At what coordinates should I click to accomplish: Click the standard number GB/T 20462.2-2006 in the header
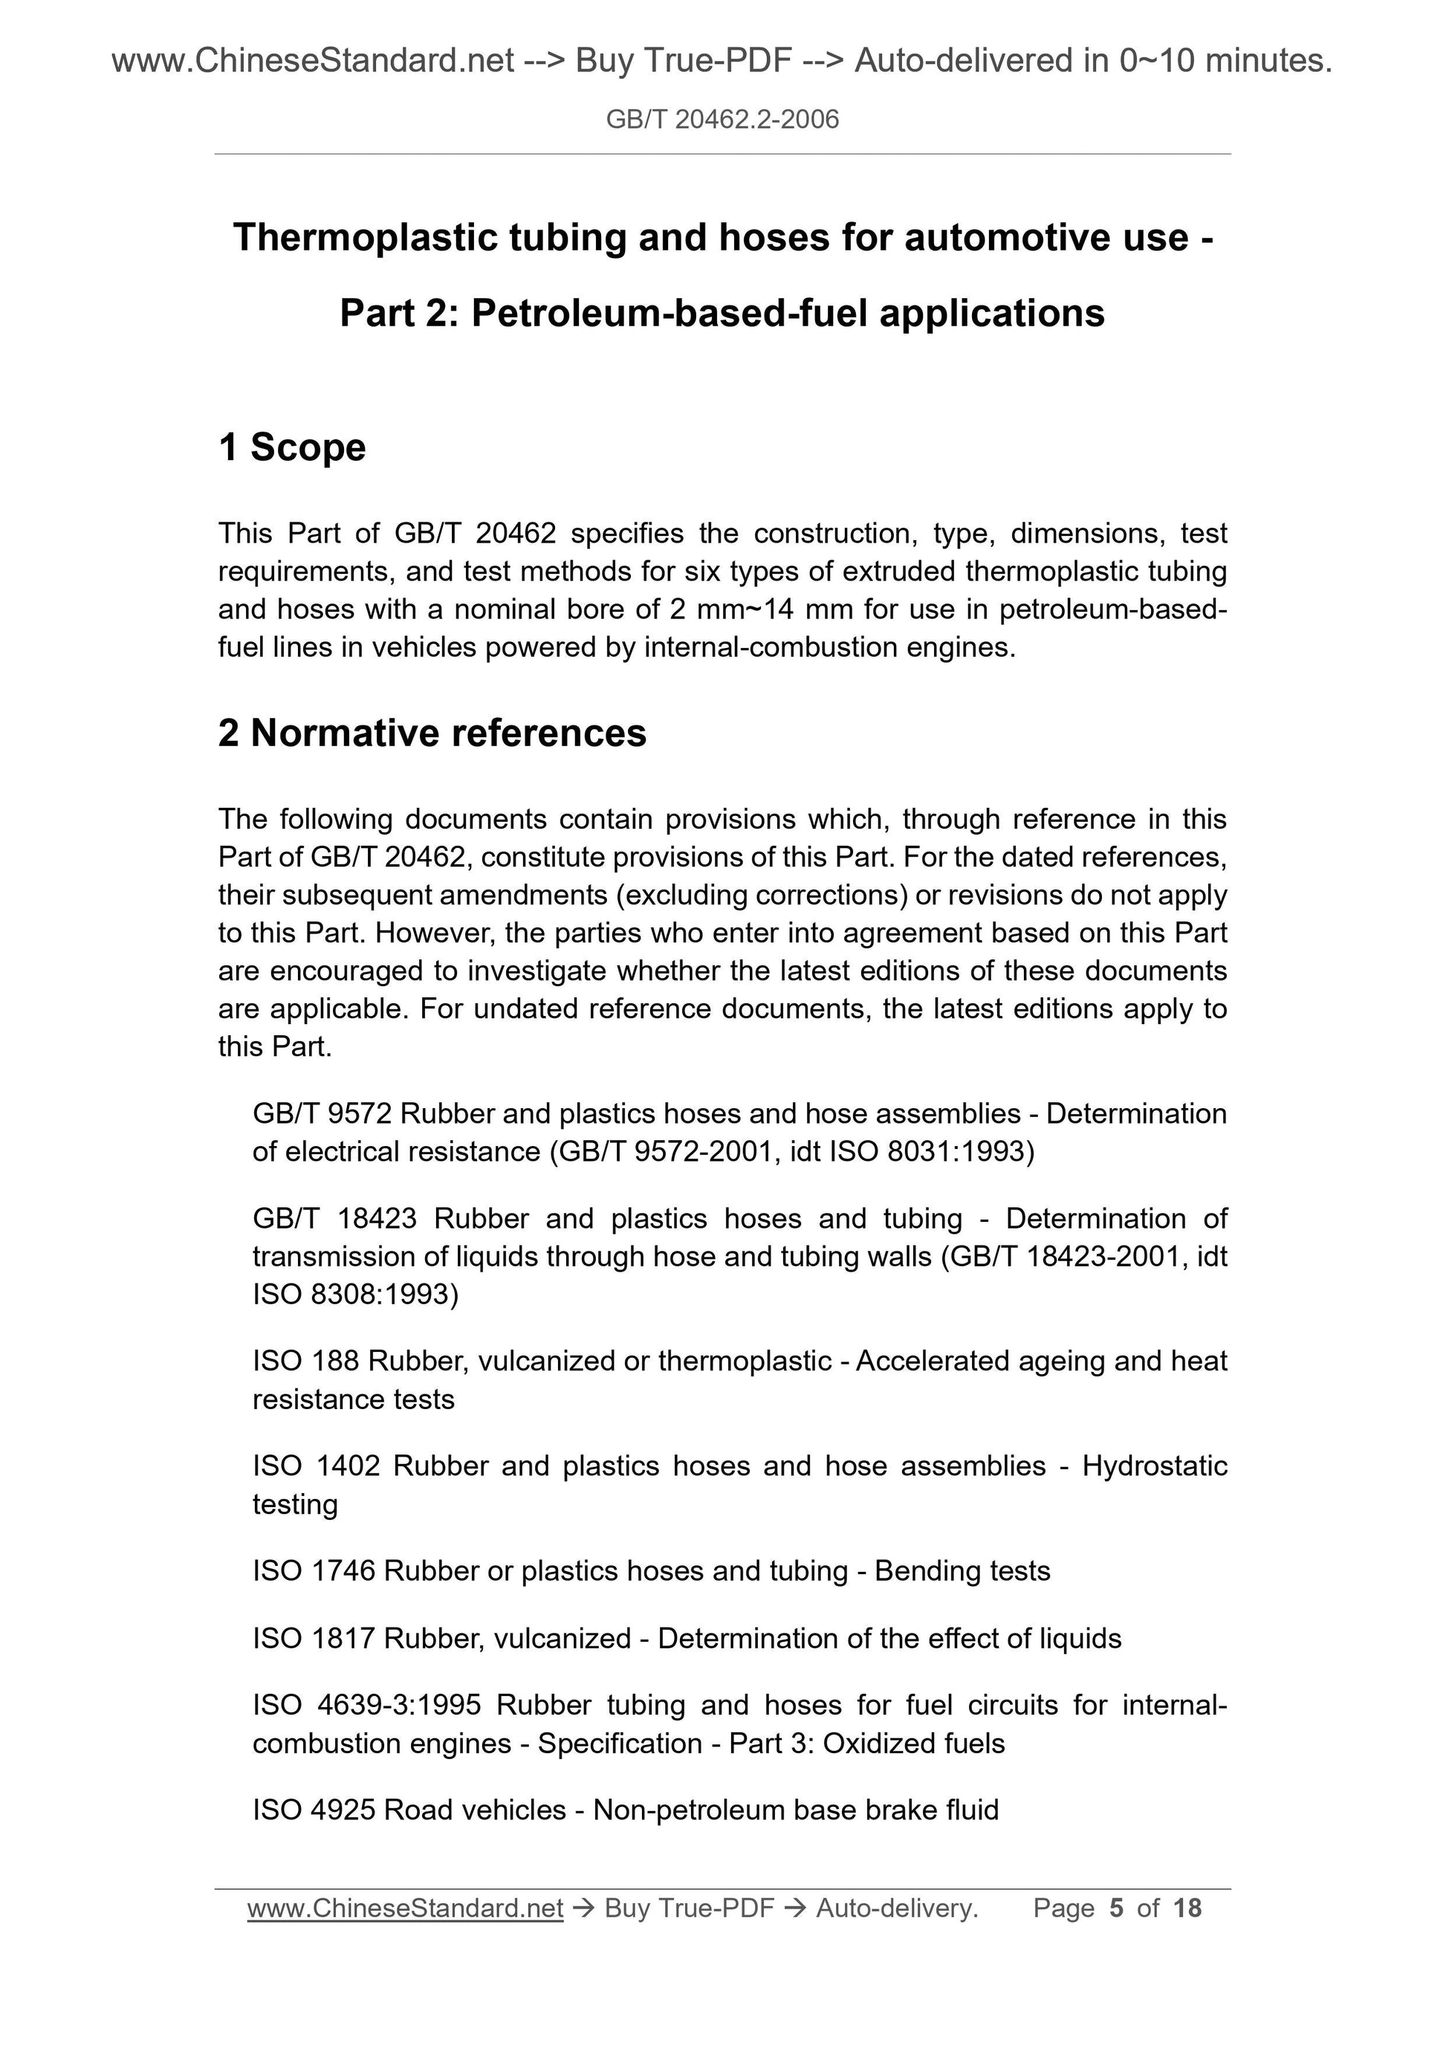coord(722,120)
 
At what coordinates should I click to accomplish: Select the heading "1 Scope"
coord(292,447)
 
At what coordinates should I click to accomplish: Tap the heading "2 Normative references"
coord(432,734)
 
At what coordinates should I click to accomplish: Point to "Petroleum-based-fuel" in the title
coord(668,314)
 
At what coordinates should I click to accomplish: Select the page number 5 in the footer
coord(1116,1908)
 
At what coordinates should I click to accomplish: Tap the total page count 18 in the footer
coord(1187,1908)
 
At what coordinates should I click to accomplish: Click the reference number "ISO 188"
coord(305,1361)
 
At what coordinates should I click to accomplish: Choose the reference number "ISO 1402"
coord(317,1466)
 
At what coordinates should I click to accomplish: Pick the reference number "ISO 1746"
coord(314,1570)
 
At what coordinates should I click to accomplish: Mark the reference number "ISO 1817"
coord(314,1638)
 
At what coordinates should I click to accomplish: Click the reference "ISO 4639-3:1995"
coord(367,1705)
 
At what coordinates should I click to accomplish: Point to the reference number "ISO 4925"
coord(314,1810)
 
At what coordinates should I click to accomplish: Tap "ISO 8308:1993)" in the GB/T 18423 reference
coord(355,1293)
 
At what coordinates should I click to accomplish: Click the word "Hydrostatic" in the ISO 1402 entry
coord(1155,1466)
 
